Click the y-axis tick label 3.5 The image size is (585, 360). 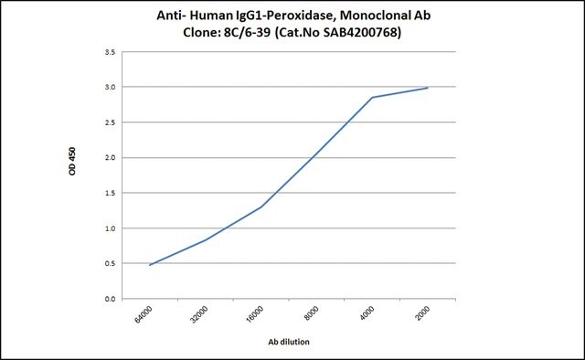pyautogui.click(x=110, y=52)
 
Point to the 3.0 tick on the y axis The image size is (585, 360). pyautogui.click(x=110, y=87)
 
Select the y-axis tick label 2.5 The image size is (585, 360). pyautogui.click(x=110, y=122)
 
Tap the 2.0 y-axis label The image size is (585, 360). pyautogui.click(x=110, y=158)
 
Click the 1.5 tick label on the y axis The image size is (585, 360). pyautogui.click(x=110, y=193)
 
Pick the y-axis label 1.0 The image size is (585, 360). pyautogui.click(x=110, y=228)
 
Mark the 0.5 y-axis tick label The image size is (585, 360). pyautogui.click(x=110, y=263)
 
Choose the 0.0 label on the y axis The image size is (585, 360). pyautogui.click(x=110, y=299)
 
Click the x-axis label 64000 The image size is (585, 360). pyautogui.click(x=144, y=314)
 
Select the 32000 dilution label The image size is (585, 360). pyautogui.click(x=199, y=314)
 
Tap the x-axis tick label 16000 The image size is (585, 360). pyautogui.click(x=254, y=314)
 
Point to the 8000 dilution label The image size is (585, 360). pyautogui.click(x=311, y=312)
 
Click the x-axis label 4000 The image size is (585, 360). pyautogui.click(x=367, y=312)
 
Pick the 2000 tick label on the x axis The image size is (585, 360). pyautogui.click(x=422, y=312)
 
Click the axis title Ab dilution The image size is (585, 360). pyautogui.click(x=289, y=342)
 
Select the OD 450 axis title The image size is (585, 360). pyautogui.click(x=72, y=161)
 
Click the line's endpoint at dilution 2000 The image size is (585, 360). pyautogui.click(x=428, y=88)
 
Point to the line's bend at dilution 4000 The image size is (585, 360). pyautogui.click(x=372, y=98)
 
